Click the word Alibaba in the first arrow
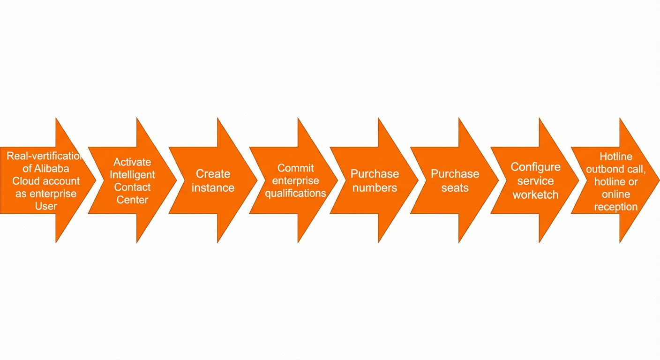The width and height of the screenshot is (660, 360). [x=52, y=168]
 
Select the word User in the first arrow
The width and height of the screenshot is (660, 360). [x=46, y=206]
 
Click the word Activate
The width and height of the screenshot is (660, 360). [x=132, y=162]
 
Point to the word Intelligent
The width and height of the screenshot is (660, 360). [x=132, y=175]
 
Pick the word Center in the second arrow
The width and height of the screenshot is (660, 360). [x=132, y=200]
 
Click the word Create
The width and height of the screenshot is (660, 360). [x=213, y=174]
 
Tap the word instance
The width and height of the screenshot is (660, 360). [x=213, y=187]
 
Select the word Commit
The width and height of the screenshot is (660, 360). [x=295, y=168]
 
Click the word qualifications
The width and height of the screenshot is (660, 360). [x=295, y=193]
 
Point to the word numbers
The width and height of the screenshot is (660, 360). [x=375, y=187]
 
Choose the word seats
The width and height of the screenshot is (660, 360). [x=455, y=187]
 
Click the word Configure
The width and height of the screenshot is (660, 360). [x=536, y=167]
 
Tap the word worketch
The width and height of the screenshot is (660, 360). [x=536, y=195]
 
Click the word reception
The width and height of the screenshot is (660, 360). [x=616, y=207]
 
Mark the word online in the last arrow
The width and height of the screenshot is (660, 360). [x=616, y=194]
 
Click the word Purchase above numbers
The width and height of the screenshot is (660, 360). [x=375, y=174]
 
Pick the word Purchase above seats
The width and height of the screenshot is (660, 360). [x=455, y=174]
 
